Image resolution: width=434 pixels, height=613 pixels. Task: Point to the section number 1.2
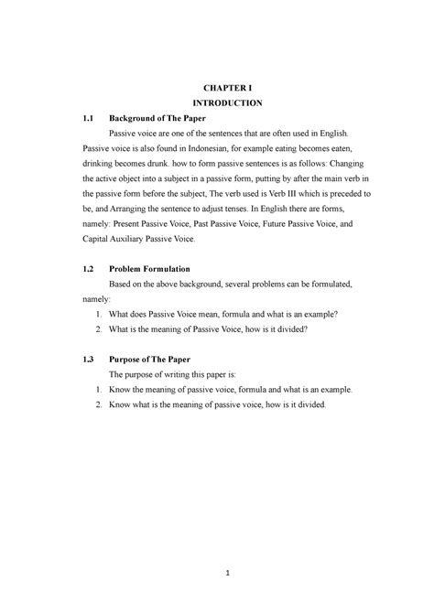pos(88,271)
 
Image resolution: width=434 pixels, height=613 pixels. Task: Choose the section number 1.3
pos(88,359)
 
